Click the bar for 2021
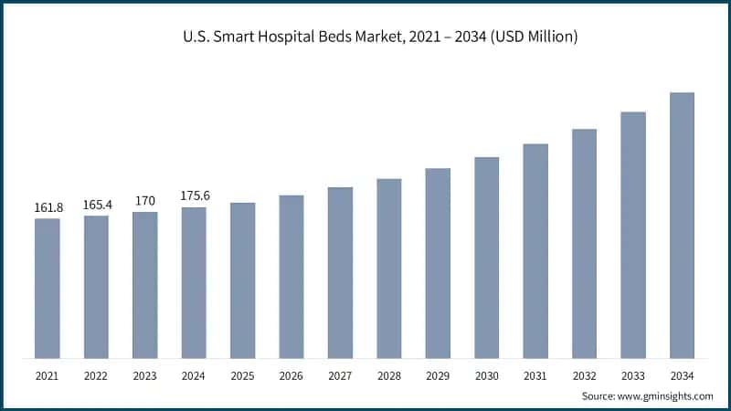48,288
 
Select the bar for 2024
194,282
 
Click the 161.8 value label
48,208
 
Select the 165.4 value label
96,205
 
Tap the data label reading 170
144,201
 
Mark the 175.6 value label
194,196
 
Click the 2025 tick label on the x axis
242,375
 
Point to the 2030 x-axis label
486,375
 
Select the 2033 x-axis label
633,375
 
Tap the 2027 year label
340,375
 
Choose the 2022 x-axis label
96,375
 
